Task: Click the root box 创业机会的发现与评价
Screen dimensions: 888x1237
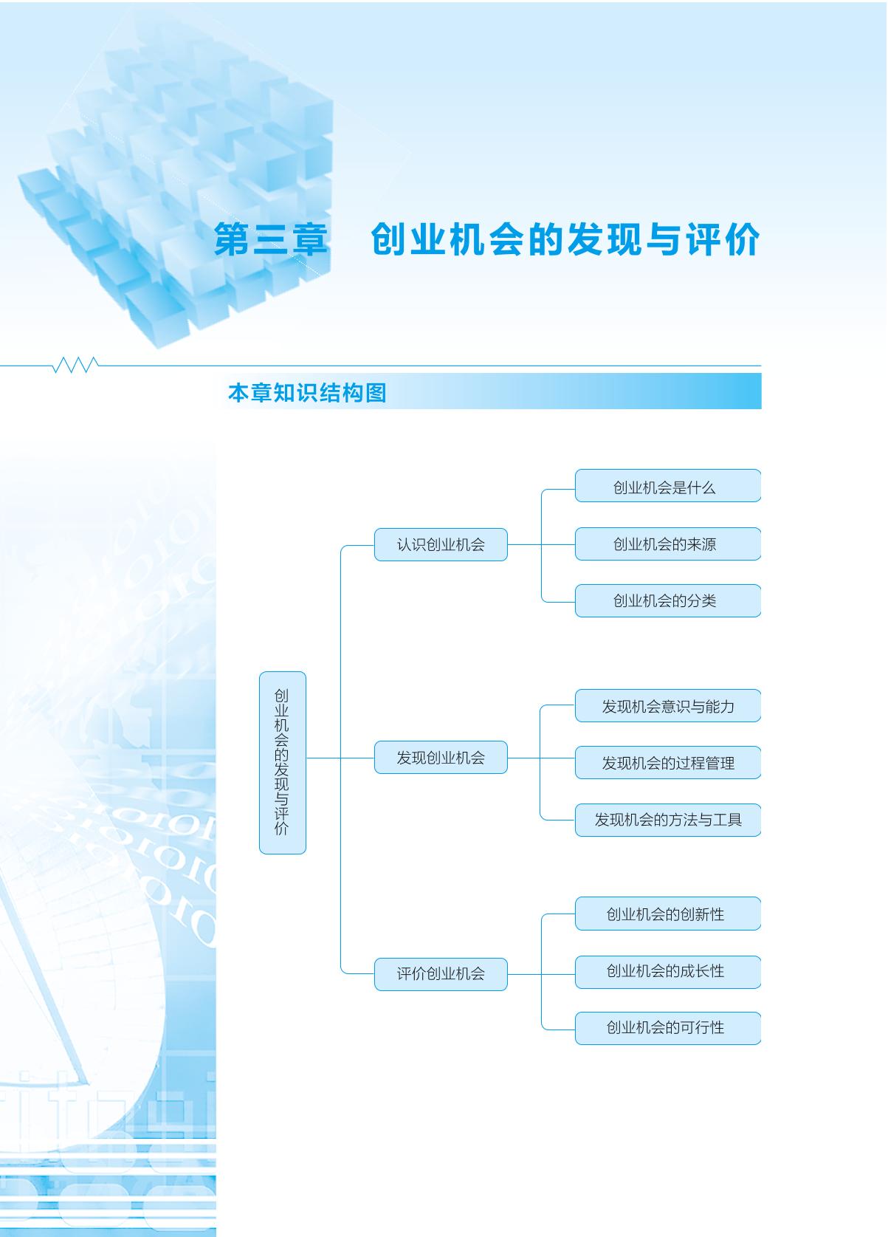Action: pyautogui.click(x=283, y=763)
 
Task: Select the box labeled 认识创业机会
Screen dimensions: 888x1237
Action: pyautogui.click(x=441, y=544)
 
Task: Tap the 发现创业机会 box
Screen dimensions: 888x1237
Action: pyautogui.click(x=441, y=758)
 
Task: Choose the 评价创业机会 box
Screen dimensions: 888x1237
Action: pyautogui.click(x=441, y=974)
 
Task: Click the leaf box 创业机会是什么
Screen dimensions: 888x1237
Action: pyautogui.click(x=668, y=486)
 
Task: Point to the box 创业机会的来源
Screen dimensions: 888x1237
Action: pyautogui.click(x=668, y=544)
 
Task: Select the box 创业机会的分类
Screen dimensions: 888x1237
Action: pyautogui.click(x=668, y=601)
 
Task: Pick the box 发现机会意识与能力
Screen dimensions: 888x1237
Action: pyautogui.click(x=668, y=706)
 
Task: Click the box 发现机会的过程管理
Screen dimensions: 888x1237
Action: pyautogui.click(x=668, y=763)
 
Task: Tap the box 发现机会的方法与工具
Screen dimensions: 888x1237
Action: pyautogui.click(x=668, y=820)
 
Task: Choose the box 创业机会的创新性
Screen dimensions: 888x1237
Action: pyautogui.click(x=668, y=914)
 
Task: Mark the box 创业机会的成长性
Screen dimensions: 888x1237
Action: pyautogui.click(x=668, y=972)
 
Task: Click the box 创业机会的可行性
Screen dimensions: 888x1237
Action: pyautogui.click(x=668, y=1028)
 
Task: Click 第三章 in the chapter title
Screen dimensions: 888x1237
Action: pyautogui.click(x=270, y=240)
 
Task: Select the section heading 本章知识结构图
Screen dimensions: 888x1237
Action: pyautogui.click(x=307, y=393)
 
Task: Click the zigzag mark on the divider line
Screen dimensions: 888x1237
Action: pyautogui.click(x=75, y=365)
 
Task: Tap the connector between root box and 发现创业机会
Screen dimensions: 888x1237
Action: pyautogui.click(x=340, y=758)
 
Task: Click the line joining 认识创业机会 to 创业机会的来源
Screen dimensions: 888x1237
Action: pyautogui.click(x=541, y=544)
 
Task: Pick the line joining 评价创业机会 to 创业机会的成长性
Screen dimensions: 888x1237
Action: pyautogui.click(x=541, y=974)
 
